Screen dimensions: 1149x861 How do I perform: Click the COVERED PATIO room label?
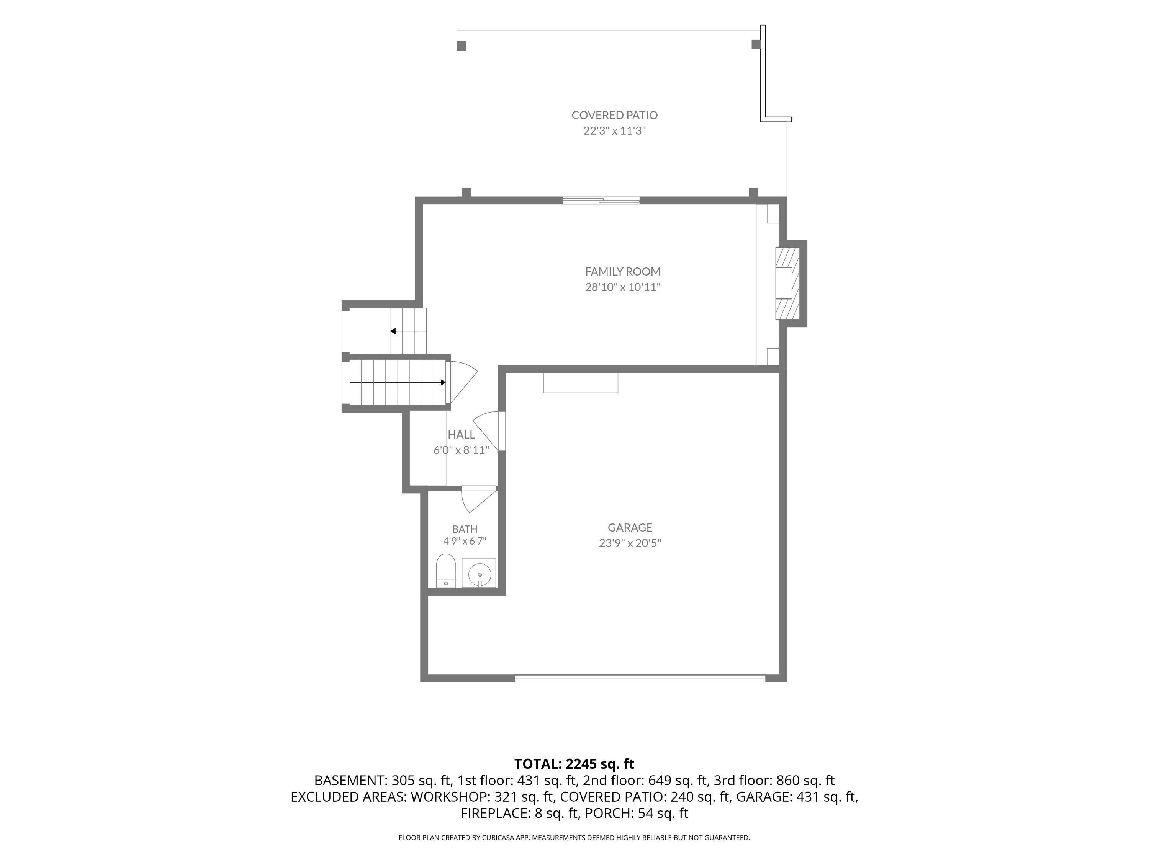pyautogui.click(x=614, y=115)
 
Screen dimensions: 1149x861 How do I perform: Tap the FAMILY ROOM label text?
pyautogui.click(x=623, y=271)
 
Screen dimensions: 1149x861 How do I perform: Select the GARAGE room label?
pyautogui.click(x=630, y=528)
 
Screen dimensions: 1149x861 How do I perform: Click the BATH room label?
pyautogui.click(x=465, y=529)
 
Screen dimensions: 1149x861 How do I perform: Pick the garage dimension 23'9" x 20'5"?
pyautogui.click(x=630, y=543)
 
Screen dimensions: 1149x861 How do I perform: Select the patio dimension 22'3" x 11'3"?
pyautogui.click(x=614, y=131)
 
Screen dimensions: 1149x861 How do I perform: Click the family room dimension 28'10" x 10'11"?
pyautogui.click(x=623, y=287)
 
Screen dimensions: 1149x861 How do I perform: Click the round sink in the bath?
pyautogui.click(x=480, y=574)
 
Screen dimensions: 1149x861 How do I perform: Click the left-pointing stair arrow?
pyautogui.click(x=408, y=331)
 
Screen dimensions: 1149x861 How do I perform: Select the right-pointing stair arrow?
pyautogui.click(x=398, y=383)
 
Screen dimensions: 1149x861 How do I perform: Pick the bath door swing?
pyautogui.click(x=479, y=499)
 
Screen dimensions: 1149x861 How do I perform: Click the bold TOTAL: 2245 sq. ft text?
pyautogui.click(x=574, y=764)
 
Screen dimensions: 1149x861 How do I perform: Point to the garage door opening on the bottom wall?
pyautogui.click(x=640, y=677)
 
